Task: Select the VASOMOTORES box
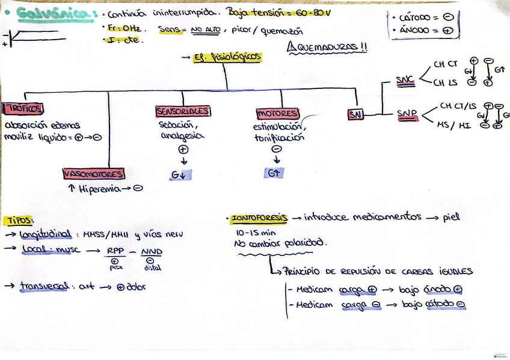point(93,174)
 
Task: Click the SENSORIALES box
point(183,111)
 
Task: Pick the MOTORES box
point(277,114)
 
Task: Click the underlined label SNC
point(405,79)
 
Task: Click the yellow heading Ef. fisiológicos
point(227,57)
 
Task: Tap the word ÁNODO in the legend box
point(414,29)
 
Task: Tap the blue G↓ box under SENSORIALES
point(181,174)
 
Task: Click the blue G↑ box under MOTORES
point(275,173)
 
